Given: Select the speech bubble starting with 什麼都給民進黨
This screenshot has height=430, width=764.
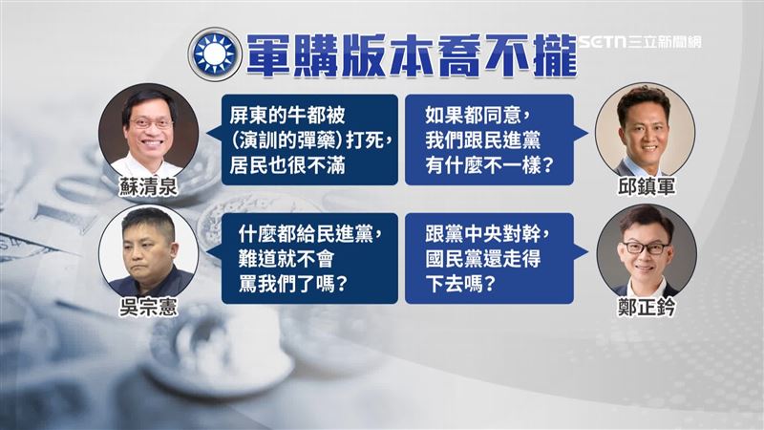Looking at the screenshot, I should [x=308, y=260].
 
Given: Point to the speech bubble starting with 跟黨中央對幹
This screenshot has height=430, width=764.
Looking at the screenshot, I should [x=490, y=260].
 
